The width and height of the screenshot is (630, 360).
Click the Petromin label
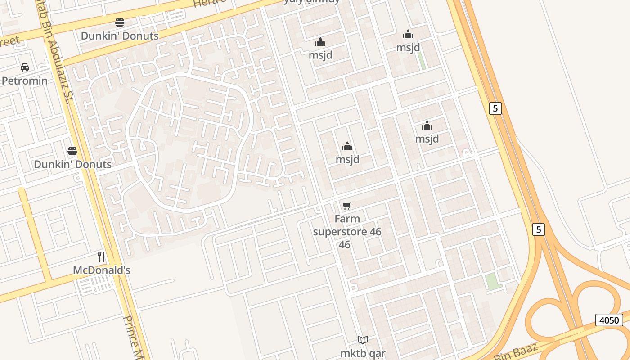tap(25, 81)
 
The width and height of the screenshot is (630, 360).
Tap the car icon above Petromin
tap(25, 67)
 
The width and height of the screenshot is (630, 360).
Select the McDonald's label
tap(102, 270)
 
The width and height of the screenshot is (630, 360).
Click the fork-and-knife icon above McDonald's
tap(102, 257)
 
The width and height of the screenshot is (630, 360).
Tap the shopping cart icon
tap(346, 206)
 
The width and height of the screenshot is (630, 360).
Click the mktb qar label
tap(363, 353)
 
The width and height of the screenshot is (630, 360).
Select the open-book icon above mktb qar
tap(363, 340)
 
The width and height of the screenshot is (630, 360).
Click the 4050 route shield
tap(610, 320)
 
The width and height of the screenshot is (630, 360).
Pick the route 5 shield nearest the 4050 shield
tap(538, 229)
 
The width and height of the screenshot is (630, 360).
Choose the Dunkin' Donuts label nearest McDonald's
tap(73, 164)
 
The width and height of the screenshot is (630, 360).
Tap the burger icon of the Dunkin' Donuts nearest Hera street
tap(120, 22)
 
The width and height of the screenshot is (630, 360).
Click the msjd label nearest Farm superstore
tap(347, 159)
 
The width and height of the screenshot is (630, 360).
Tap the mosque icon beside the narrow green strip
tap(408, 34)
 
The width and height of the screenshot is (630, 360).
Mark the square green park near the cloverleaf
tap(493, 281)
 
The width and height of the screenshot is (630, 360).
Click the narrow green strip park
tap(422, 61)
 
